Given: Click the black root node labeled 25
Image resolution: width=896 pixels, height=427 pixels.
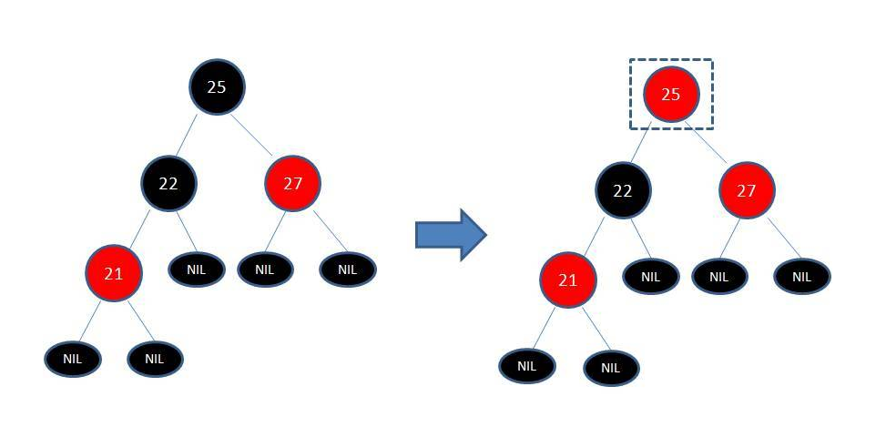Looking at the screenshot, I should (x=217, y=86).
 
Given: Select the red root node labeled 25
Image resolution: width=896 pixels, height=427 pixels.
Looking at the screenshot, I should (x=670, y=93).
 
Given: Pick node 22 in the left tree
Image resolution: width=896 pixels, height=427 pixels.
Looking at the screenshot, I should (x=168, y=183).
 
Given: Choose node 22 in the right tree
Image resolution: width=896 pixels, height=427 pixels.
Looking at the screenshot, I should (x=623, y=190).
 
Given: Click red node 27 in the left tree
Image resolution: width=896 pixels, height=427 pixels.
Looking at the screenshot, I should (x=292, y=183).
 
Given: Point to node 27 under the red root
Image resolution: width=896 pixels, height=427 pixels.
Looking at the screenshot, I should (x=747, y=190).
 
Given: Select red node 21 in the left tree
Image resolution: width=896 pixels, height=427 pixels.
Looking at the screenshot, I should (x=114, y=272).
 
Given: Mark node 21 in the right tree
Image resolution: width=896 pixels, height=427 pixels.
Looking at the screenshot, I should (x=567, y=280).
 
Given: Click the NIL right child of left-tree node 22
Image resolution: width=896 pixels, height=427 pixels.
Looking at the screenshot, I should (x=196, y=269).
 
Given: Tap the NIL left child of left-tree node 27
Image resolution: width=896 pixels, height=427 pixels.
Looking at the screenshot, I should (x=265, y=269).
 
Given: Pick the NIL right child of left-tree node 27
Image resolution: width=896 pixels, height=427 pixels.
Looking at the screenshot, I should (x=347, y=269).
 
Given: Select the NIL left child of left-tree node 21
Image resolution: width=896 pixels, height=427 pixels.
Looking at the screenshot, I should (x=73, y=359).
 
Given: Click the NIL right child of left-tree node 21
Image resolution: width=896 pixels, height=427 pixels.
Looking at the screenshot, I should (x=155, y=359).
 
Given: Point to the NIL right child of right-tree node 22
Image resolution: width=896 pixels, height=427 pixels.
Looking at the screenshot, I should (x=650, y=277).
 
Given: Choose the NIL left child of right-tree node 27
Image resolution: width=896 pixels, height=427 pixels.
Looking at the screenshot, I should (x=718, y=277).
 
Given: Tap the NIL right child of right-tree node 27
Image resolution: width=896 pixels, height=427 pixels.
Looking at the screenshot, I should (x=801, y=277).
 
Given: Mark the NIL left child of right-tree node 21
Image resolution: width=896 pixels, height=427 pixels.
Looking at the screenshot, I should (x=526, y=366).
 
